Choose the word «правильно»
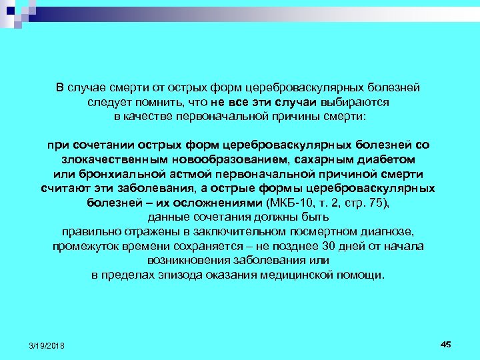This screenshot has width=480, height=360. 89,231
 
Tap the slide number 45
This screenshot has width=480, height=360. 446,343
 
